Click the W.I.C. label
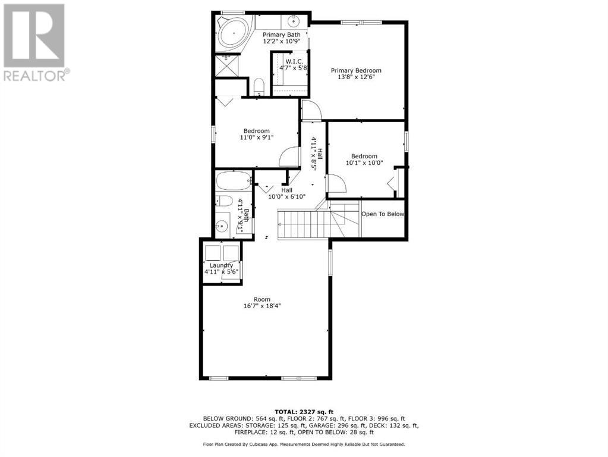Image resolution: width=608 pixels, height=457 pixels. pyautogui.click(x=294, y=61)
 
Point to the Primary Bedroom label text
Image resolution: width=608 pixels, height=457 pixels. pyautogui.click(x=356, y=70)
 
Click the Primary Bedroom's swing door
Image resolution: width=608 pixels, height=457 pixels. pyautogui.click(x=310, y=111)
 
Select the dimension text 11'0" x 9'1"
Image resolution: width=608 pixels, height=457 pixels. pyautogui.click(x=256, y=137)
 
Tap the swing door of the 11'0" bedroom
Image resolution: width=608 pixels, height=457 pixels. pyautogui.click(x=288, y=157)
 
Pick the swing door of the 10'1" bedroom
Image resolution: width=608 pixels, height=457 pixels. pyautogui.click(x=336, y=183)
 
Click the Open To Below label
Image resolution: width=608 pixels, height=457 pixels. pyautogui.click(x=383, y=214)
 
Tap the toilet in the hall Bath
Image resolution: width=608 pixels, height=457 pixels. pyautogui.click(x=224, y=201)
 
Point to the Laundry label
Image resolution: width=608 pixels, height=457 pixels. pyautogui.click(x=220, y=265)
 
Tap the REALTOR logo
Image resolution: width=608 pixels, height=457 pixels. pyautogui.click(x=36, y=42)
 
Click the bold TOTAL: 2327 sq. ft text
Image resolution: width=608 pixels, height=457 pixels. pyautogui.click(x=304, y=412)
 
